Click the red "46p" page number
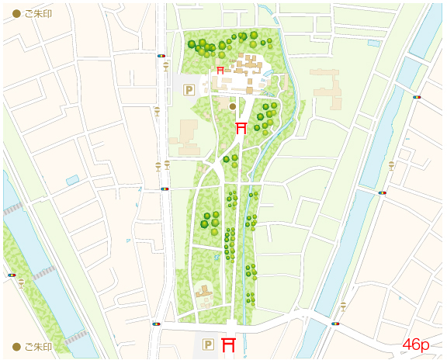pos(416,344)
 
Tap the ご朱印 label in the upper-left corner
pos(33,14)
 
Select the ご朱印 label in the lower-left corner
pos(33,346)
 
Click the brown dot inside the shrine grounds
pos(232,106)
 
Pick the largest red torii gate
pos(229,344)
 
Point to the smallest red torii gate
pos(220,71)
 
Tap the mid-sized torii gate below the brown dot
pos(241,127)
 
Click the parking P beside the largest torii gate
pos(207,344)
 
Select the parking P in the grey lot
pos(188,90)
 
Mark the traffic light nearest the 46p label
pos(335,324)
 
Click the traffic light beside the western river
pos(11,275)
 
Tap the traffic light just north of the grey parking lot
pos(161,56)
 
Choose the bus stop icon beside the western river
pos(21,284)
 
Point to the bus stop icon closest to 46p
pos(343,306)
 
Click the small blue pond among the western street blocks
pos(72,180)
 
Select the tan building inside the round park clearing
pos(205,294)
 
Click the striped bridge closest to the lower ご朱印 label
pos(76,337)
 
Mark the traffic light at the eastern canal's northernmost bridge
pos(417,97)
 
